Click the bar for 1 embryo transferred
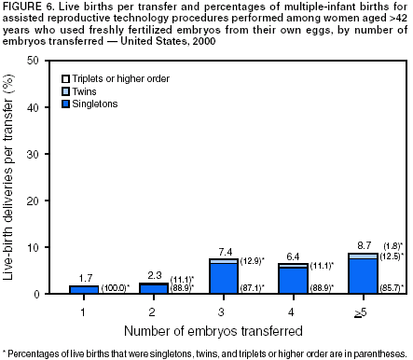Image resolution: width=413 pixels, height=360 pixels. pos(83,290)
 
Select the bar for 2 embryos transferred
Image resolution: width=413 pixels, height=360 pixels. pos(153,288)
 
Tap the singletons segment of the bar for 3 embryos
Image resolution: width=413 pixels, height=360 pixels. pos(223,279)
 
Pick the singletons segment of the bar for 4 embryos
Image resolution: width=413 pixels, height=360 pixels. pos(293,281)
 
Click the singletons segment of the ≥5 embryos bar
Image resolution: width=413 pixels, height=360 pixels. pos(363,276)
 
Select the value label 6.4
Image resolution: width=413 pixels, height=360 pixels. pos(293,255)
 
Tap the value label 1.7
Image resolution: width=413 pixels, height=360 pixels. pos(83,277)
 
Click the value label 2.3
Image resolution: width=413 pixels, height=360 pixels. pos(153,274)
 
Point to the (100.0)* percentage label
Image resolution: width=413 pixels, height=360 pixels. pos(116,288)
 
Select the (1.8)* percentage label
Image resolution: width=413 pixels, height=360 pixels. pos(394,244)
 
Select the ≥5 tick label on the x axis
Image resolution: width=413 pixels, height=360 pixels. pos(363,307)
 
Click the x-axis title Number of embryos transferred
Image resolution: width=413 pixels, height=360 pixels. pos(222,329)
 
